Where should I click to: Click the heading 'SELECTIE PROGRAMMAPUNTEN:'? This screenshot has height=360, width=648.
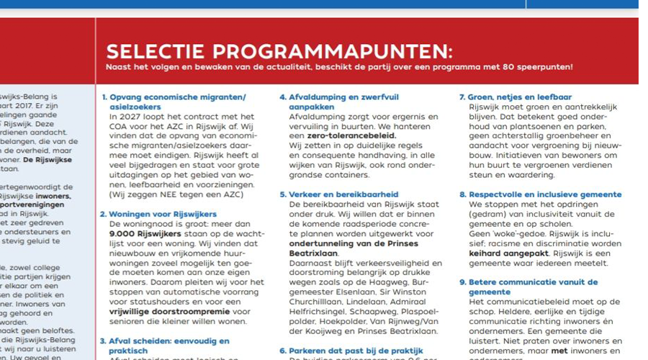(x=279, y=52)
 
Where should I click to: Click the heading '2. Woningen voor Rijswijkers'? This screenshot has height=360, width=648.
(x=158, y=214)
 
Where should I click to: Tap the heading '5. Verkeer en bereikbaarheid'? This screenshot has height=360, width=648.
(x=338, y=194)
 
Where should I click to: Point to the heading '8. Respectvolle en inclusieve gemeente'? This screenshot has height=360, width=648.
(x=539, y=194)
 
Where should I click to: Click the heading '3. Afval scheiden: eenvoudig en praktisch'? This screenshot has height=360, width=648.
(x=165, y=346)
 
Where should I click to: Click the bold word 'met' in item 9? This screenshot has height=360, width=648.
(x=560, y=351)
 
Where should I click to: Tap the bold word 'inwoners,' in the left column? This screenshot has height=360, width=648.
(x=49, y=195)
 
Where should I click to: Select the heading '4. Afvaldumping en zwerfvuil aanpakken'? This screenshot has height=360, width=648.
(x=338, y=101)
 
